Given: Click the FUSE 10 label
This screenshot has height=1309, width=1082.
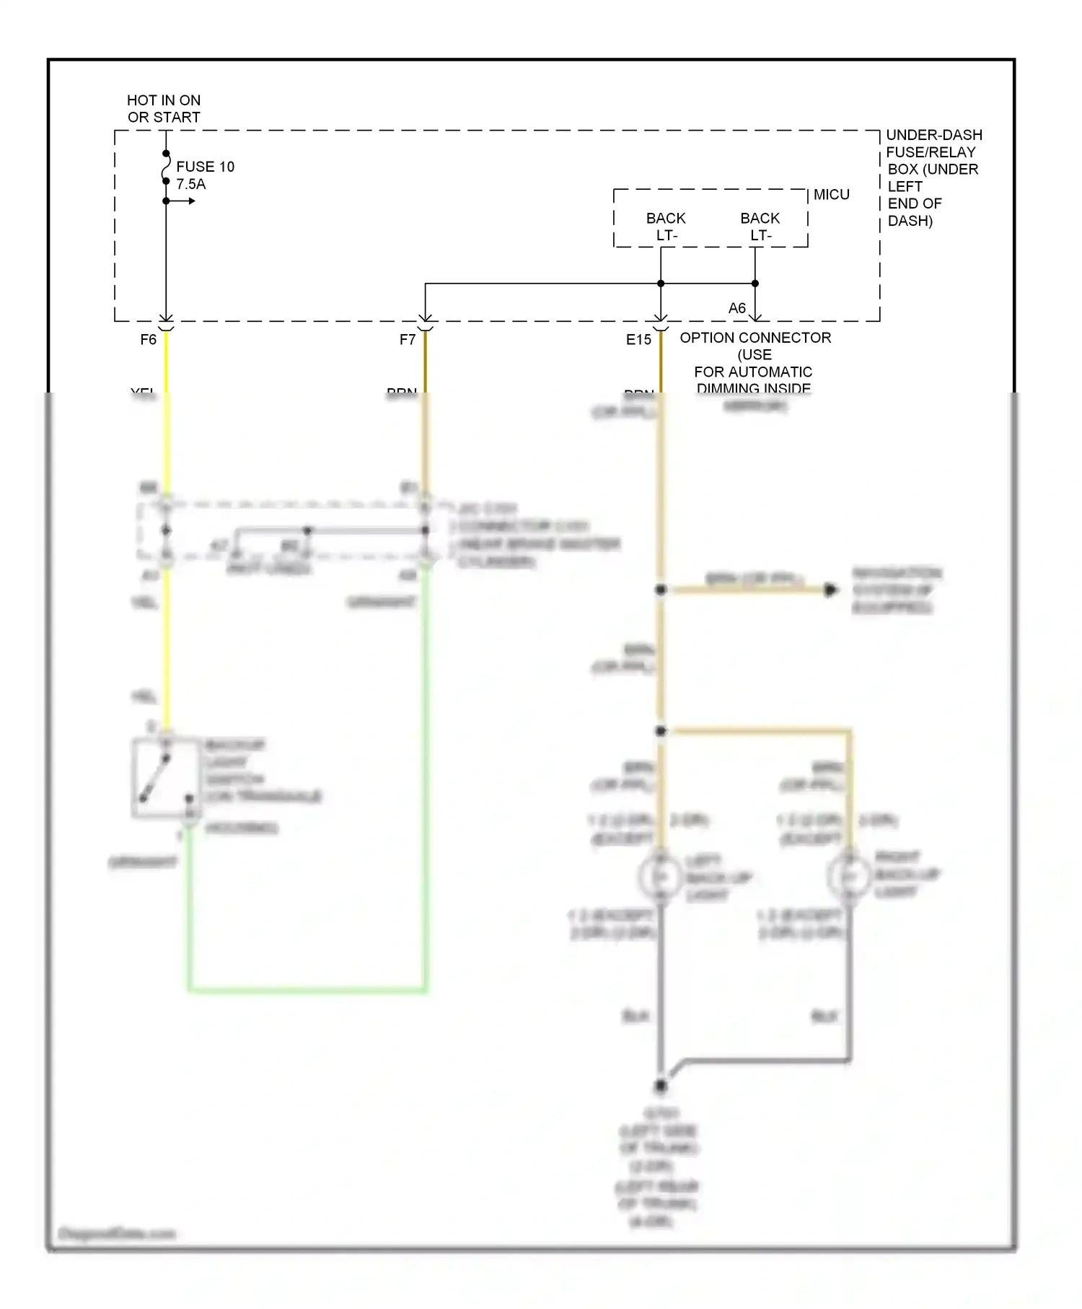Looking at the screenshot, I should click(205, 167).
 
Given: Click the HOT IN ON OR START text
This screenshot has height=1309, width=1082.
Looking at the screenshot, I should click(164, 108).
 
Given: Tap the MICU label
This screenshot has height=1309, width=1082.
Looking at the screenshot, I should click(831, 194).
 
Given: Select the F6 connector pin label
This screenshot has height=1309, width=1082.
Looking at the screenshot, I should click(148, 339).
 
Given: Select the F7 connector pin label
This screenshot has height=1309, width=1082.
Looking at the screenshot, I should click(408, 339).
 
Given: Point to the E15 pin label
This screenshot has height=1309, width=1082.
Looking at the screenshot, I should click(638, 339).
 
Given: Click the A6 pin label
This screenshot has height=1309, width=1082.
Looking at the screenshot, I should click(736, 308).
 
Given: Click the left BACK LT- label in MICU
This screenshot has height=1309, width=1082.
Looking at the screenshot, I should click(666, 227).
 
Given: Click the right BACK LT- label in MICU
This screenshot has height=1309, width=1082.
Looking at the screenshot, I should click(760, 227).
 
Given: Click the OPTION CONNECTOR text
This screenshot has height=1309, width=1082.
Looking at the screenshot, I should click(755, 338).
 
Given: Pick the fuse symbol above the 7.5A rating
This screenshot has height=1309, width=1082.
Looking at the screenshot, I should click(166, 167).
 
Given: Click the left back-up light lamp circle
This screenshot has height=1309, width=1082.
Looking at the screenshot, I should click(659, 877).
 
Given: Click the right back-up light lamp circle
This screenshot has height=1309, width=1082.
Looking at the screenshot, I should click(849, 876).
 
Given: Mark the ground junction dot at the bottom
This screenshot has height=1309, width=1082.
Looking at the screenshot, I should click(660, 1085).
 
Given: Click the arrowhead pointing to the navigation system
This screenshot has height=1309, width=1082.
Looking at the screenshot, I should click(831, 590).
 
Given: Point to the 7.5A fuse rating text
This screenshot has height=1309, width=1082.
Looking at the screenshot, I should click(190, 184).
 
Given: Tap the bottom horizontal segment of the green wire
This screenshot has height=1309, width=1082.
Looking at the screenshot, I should click(307, 989).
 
